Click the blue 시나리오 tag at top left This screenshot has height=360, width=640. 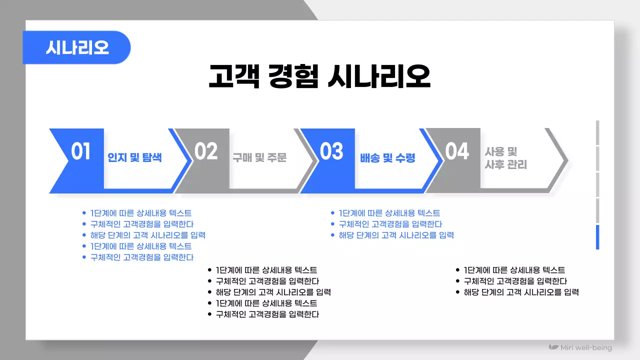[76, 47]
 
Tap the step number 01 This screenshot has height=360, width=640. [80, 151]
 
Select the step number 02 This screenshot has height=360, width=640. [206, 151]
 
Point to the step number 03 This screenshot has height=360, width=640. [331, 151]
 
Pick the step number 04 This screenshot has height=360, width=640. [457, 151]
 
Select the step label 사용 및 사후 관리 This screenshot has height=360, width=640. [505, 158]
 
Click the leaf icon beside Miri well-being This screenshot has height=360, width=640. [553, 347]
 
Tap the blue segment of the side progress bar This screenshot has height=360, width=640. [597, 237]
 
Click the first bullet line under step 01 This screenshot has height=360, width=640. [140, 213]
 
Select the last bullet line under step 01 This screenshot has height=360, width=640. [141, 257]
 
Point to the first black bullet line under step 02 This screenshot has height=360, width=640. [266, 270]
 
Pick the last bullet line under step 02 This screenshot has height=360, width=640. [267, 314]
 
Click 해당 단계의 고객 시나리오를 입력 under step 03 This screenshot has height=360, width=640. [396, 235]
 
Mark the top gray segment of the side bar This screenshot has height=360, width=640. [597, 132]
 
